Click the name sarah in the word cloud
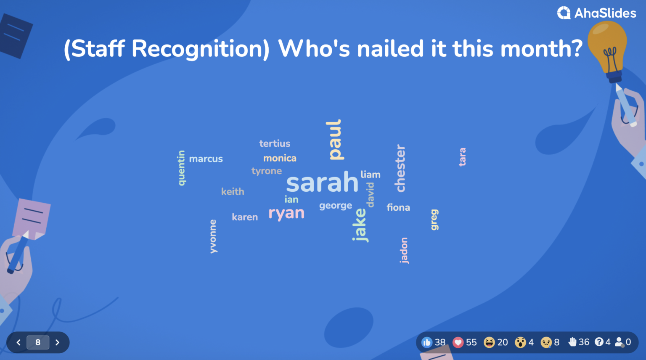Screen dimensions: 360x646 pos(322,183)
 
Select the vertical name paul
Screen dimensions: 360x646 pos(335,140)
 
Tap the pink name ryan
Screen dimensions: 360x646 pos(286,213)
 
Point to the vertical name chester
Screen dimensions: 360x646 pos(400,168)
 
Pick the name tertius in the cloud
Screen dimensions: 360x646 pos(275,143)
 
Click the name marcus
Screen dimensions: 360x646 pos(206,159)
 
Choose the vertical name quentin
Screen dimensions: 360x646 pos(181,168)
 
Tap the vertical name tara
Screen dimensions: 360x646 pos(462,157)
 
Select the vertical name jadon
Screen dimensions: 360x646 pos(404,250)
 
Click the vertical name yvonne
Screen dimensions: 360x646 pos(213,236)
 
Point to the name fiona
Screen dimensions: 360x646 pos(398,207)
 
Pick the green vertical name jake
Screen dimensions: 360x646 pos(360,225)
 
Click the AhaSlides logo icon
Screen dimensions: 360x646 pos(564,13)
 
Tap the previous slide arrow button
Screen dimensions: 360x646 pos(19,342)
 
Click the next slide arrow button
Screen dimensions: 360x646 pos(58,342)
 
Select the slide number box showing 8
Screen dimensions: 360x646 pos(38,342)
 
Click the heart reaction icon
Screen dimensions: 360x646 pos(458,342)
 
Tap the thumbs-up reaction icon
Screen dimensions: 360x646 pos(427,342)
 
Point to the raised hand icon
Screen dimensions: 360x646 pos(572,342)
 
